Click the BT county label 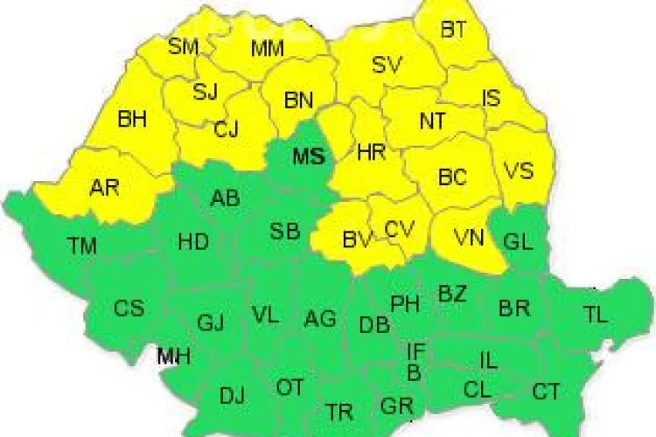pos(453,30)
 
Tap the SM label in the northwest pos(184,46)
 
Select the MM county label pos(267,49)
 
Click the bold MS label pos(309,157)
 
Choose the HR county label pos(372,153)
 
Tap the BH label pos(132,118)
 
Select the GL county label pos(519,243)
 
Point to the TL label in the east pos(595,316)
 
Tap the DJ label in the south pos(232,396)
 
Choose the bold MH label pos(173,357)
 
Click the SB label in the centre pos(285,232)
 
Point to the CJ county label pos(227,130)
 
